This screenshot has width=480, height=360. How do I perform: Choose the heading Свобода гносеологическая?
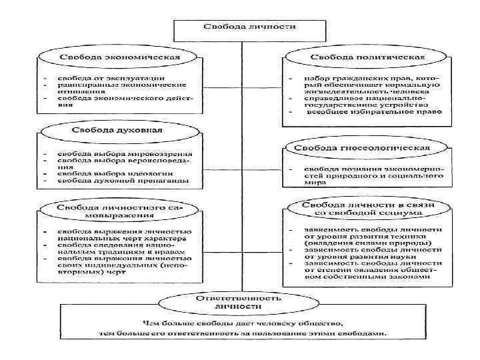(365, 146)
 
